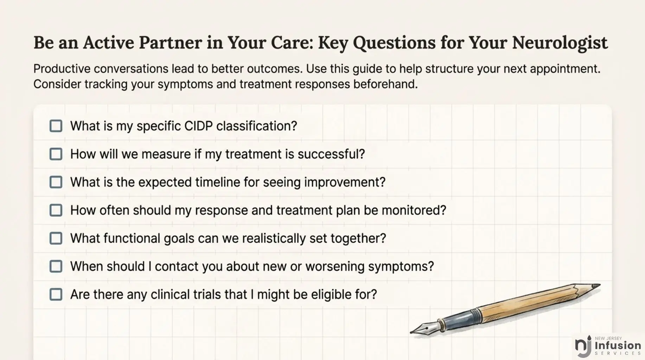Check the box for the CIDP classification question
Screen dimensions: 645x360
click(x=56, y=126)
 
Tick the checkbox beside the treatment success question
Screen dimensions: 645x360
click(x=56, y=154)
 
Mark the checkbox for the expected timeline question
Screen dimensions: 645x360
click(x=56, y=182)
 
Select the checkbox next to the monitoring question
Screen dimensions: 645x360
click(x=56, y=210)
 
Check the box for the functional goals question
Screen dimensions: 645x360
click(x=56, y=238)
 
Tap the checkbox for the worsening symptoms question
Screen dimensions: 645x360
click(x=56, y=266)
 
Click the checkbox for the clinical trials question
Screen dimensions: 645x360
click(x=56, y=295)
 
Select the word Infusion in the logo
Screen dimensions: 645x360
click(x=618, y=346)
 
